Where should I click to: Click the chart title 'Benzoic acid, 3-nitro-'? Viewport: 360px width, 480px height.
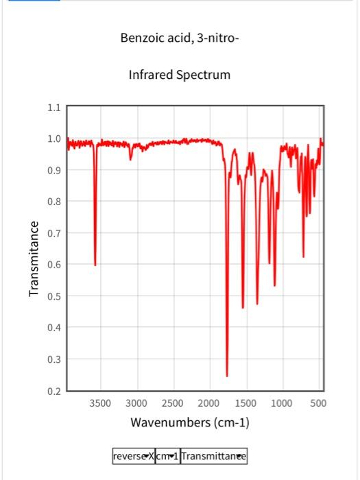point(180,38)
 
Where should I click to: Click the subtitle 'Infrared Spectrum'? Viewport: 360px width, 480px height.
point(180,74)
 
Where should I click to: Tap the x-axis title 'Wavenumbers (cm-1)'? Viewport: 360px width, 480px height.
point(190,422)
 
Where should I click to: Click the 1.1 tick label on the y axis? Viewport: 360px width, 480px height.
point(54,108)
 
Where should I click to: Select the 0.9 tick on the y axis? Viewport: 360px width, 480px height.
point(54,170)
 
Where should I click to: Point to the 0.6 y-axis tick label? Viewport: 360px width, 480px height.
point(54,265)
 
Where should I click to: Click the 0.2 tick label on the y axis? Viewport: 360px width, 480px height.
point(54,391)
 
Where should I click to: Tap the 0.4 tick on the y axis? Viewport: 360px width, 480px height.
point(54,328)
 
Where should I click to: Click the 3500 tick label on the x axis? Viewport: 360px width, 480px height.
point(100,403)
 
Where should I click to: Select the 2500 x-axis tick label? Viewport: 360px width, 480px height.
point(173,403)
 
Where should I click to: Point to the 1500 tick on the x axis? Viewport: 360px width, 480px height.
point(245,403)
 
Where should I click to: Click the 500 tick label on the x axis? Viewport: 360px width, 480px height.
point(318,403)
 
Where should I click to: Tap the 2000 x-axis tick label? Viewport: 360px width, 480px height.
point(209,403)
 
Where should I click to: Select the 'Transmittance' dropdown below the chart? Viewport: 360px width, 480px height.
point(213,456)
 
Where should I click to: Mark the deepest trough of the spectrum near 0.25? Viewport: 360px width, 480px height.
point(227,376)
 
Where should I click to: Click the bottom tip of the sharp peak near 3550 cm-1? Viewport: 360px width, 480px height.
point(95,265)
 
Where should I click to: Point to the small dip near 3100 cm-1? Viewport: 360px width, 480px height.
point(130,158)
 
